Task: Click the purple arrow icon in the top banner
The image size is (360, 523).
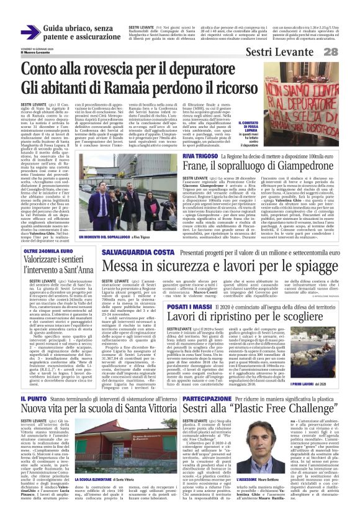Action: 30,32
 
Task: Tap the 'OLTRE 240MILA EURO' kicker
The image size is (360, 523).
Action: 45,250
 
